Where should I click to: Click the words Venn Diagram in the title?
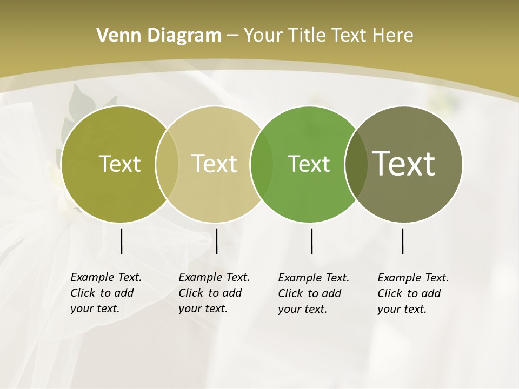point(159,36)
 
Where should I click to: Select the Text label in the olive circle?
point(119,164)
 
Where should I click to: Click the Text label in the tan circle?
point(215,164)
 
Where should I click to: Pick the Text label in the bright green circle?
point(309,164)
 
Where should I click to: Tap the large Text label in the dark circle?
point(404,164)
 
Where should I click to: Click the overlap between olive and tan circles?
point(167,164)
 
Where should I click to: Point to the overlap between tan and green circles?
point(262,164)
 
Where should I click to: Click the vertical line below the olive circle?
point(121,241)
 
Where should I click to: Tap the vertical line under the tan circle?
point(216,241)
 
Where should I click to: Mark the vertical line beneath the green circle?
point(311,241)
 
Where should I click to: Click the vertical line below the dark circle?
point(402,241)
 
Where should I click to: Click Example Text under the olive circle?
point(106,277)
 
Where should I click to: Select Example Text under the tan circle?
point(214,277)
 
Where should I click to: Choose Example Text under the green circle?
point(314,278)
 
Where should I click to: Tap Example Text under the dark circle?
point(413,278)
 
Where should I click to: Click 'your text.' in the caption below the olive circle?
point(95,308)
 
